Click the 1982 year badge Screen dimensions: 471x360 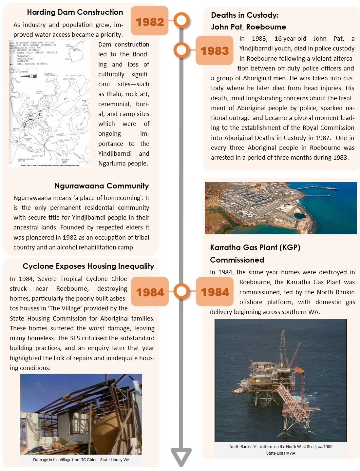pyautogui.click(x=149, y=22)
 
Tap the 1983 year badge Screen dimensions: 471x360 pyautogui.click(x=215, y=51)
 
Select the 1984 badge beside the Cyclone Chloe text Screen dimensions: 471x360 pyautogui.click(x=150, y=292)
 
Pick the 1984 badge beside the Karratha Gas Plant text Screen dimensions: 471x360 pyautogui.click(x=215, y=292)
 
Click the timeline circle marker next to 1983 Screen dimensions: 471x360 pyautogui.click(x=181, y=50)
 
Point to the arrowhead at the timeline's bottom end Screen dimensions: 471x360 pyautogui.click(x=181, y=457)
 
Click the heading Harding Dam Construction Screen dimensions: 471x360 pyautogui.click(x=75, y=12)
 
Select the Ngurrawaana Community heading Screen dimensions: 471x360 pyautogui.click(x=102, y=186)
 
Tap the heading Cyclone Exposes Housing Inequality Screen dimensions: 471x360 pyautogui.click(x=88, y=266)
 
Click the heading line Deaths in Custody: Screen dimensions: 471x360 pyautogui.click(x=245, y=15)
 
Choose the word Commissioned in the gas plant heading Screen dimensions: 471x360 pyautogui.click(x=237, y=260)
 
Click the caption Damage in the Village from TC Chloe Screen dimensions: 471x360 pyautogui.click(x=81, y=460)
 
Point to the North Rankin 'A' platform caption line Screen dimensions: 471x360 pyautogui.click(x=280, y=446)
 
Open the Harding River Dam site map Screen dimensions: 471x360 pyautogui.click(x=49, y=103)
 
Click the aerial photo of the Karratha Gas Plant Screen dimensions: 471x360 pyautogui.click(x=280, y=208)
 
